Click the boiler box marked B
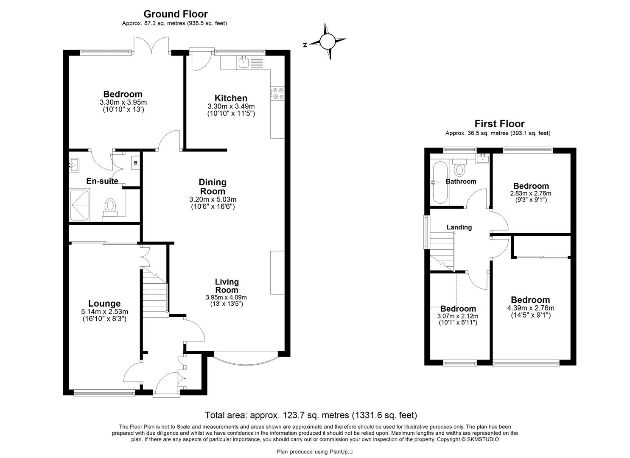tap(136, 162)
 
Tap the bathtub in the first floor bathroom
tap(439, 182)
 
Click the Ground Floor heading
tap(176, 14)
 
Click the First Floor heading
tap(499, 124)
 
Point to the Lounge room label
tap(104, 304)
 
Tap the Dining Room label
tap(213, 187)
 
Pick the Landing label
tap(459, 227)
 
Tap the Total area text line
tap(311, 415)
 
